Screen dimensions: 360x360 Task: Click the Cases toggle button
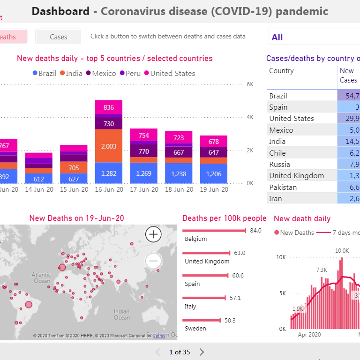pyautogui.click(x=58, y=37)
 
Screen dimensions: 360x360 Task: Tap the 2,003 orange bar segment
pyautogui.click(x=109, y=146)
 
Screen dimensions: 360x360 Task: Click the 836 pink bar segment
pyautogui.click(x=109, y=107)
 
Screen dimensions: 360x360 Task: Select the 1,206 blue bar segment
pyautogui.click(x=213, y=173)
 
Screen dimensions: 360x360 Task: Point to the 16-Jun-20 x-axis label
pyautogui.click(x=109, y=190)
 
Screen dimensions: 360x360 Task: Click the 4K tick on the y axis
pyautogui.click(x=250, y=117)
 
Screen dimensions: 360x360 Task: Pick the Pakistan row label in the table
pyautogui.click(x=283, y=187)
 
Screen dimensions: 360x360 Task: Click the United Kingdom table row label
pyautogui.click(x=296, y=175)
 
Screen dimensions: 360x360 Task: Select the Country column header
pyautogui.click(x=281, y=71)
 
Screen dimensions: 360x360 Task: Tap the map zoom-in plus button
pyautogui.click(x=153, y=234)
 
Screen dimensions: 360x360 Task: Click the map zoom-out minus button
pyautogui.click(x=153, y=261)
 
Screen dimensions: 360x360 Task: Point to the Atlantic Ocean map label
pyautogui.click(x=41, y=277)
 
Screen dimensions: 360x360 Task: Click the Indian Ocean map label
pyautogui.click(x=121, y=314)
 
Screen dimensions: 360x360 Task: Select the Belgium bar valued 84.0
pyautogui.click(x=214, y=231)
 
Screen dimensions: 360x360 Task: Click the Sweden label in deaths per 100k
pyautogui.click(x=195, y=329)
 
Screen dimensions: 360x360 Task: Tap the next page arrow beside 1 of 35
pyautogui.click(x=202, y=352)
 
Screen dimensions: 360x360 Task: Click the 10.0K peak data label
pyautogui.click(x=342, y=251)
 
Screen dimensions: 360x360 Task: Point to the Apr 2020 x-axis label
pyautogui.click(x=309, y=335)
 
